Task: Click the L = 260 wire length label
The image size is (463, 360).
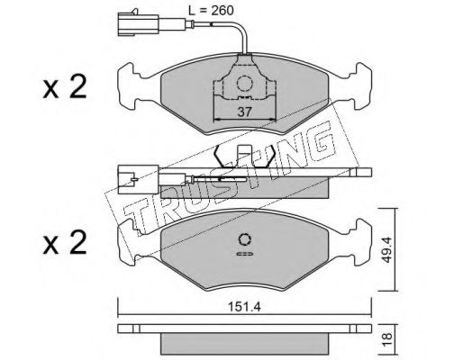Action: coord(211,11)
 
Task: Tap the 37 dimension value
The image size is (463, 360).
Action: coord(244,112)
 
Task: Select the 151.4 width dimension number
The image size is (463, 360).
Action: coord(244,307)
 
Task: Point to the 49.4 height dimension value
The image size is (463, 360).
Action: coord(387,249)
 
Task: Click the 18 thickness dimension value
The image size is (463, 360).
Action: coord(387,339)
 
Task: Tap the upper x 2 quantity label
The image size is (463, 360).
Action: coord(65,87)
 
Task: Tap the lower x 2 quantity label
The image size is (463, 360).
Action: coord(65,242)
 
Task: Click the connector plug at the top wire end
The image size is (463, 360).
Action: coord(138,23)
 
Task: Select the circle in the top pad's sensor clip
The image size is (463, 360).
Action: coord(244,84)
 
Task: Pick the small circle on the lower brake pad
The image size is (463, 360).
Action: coord(244,239)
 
